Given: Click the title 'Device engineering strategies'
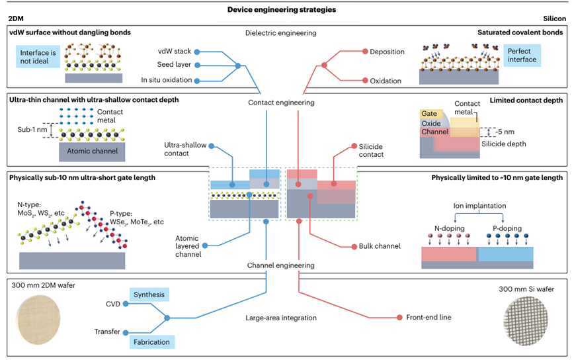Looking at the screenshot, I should click(x=286, y=9).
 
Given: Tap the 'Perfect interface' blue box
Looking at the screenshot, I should click(x=522, y=55).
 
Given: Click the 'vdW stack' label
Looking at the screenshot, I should click(x=175, y=51).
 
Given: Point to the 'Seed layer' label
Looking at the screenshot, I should click(x=173, y=65).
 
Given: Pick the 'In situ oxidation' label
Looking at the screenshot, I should click(x=167, y=80).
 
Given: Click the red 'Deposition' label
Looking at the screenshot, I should click(x=387, y=52).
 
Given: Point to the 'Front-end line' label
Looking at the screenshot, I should click(x=429, y=318).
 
